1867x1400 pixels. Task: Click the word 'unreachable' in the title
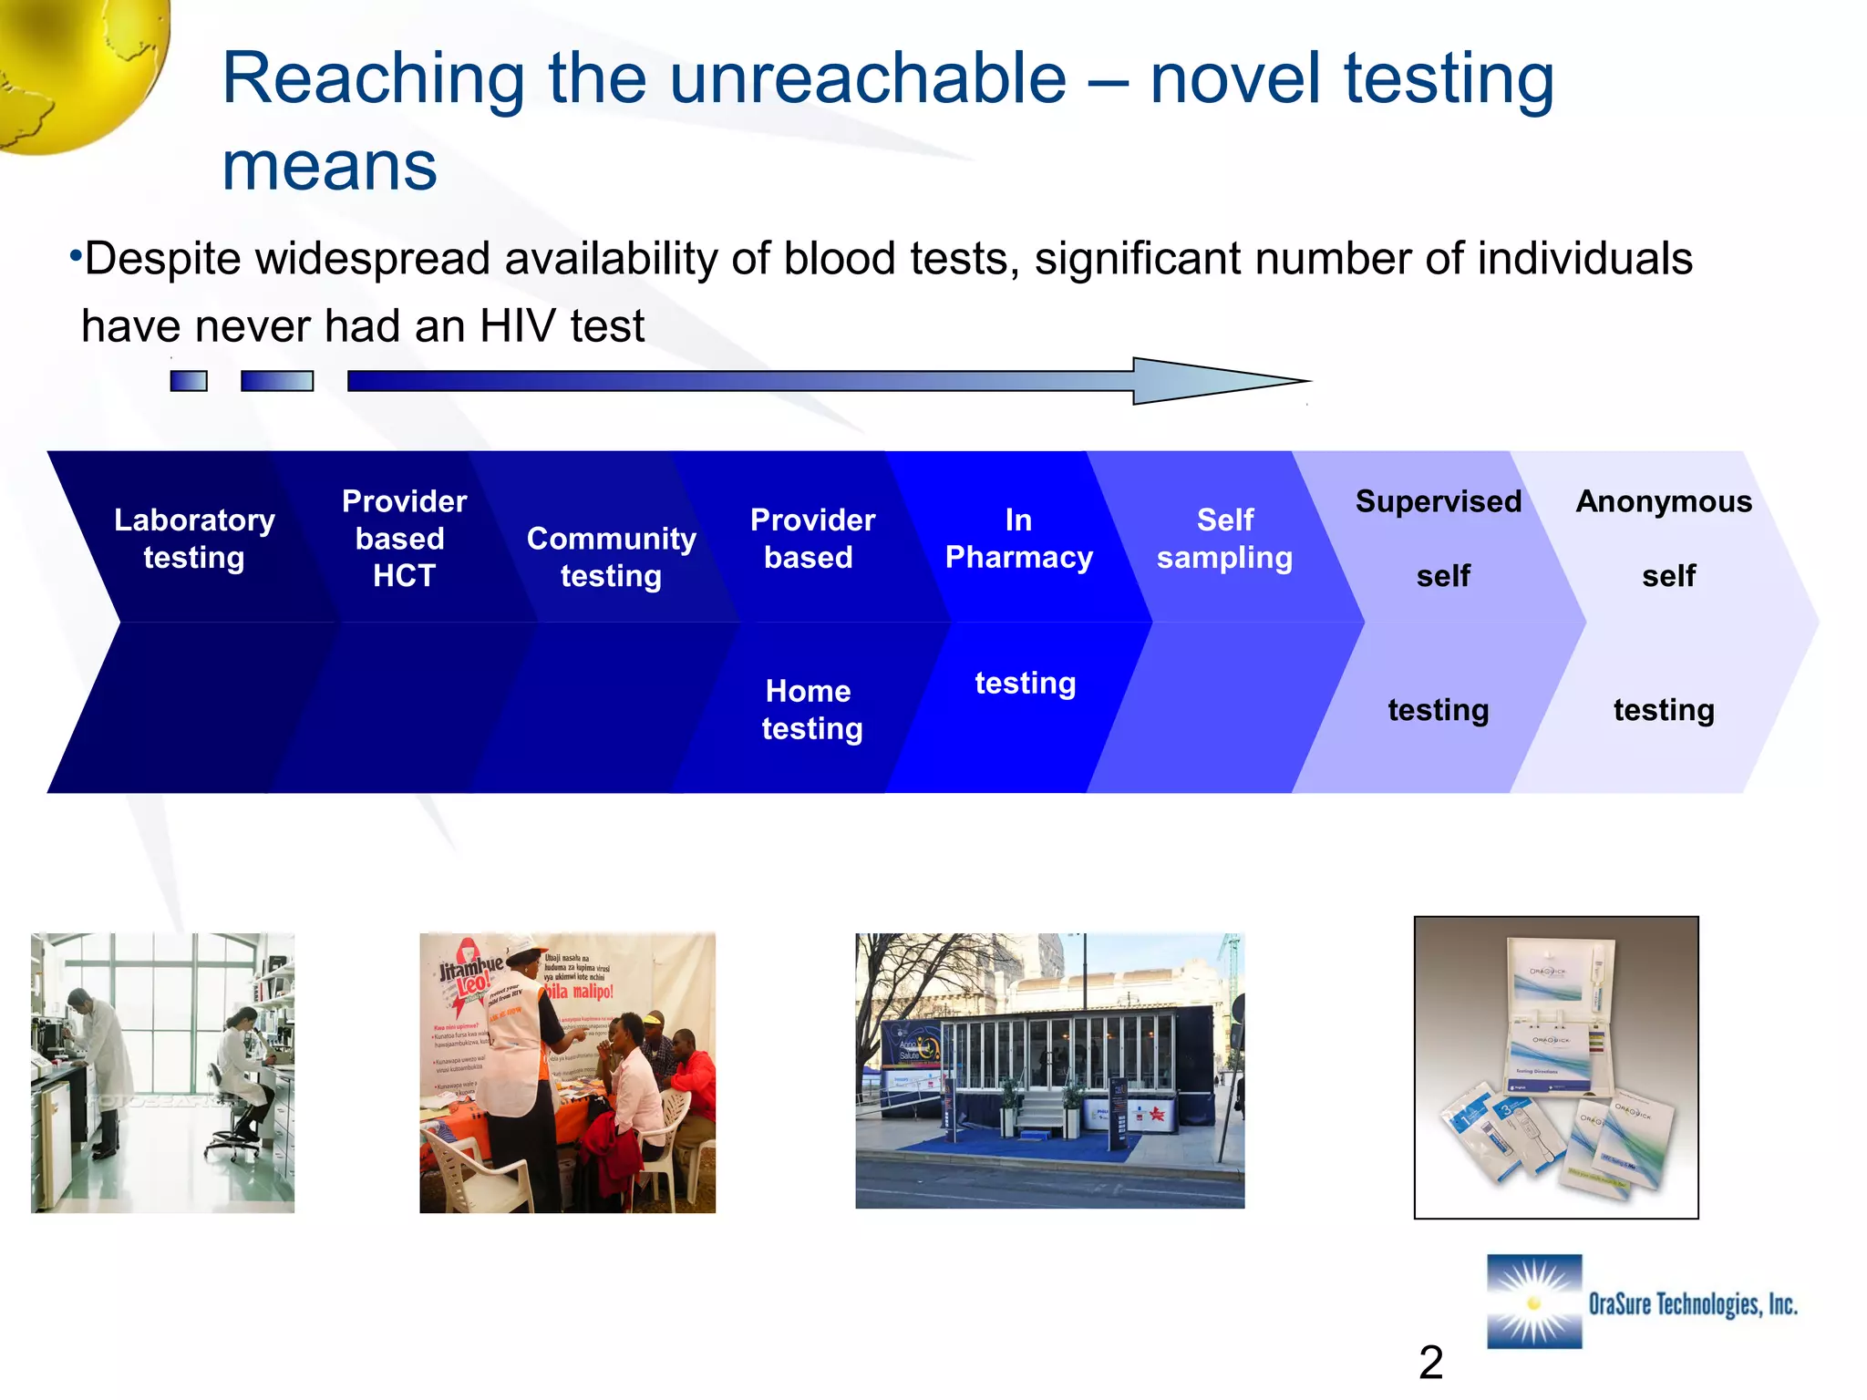[x=868, y=80]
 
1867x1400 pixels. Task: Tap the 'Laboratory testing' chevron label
[x=194, y=539]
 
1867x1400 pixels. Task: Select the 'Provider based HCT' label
[x=403, y=539]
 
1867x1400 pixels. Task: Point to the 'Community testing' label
[x=611, y=557]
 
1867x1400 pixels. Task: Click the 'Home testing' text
[x=810, y=710]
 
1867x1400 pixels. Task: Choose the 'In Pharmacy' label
[x=1018, y=539]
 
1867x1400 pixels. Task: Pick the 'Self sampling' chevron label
[x=1224, y=539]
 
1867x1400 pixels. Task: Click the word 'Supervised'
[x=1438, y=501]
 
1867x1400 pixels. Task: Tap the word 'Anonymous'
[x=1663, y=501]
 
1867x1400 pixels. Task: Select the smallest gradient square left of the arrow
[x=189, y=381]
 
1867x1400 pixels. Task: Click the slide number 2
[x=1430, y=1363]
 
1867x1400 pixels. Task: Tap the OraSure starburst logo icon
[x=1534, y=1302]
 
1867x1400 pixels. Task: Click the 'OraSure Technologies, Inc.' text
[x=1692, y=1304]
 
